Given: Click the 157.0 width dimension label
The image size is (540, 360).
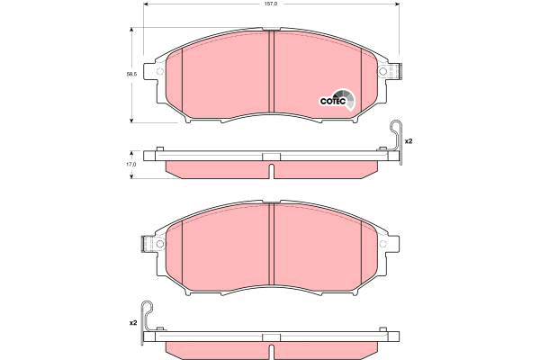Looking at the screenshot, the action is pos(272,4).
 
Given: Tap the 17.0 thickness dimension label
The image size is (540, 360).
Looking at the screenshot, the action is pos(131,165).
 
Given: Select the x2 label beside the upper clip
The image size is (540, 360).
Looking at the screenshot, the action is pos(409,141).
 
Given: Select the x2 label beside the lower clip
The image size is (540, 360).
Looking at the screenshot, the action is pos(133,323).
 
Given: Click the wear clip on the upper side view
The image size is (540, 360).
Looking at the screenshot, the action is pos(397,141).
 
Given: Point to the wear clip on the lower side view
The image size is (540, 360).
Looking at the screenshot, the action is pos(147,322).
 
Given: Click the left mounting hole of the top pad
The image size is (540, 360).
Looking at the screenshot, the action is pos(160,72).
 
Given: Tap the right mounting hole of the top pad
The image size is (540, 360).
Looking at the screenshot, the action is pos(382,72).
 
